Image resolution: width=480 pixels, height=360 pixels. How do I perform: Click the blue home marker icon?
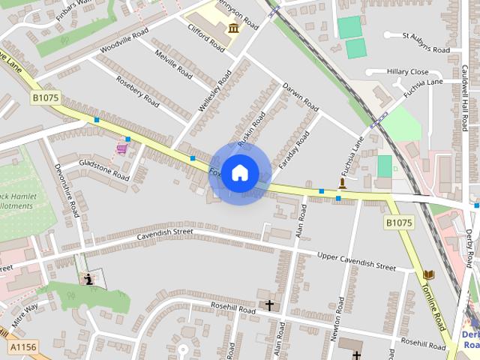(239, 173)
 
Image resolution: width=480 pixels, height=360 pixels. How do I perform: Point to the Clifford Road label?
(205, 34)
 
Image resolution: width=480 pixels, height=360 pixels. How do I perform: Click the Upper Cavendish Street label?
(356, 261)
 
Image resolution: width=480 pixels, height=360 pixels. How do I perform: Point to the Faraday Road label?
(293, 149)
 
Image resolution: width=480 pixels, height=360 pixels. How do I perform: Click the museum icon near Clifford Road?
(233, 28)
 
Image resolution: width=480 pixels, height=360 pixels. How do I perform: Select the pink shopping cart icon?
(121, 149)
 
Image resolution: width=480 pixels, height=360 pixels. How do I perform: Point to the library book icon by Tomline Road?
(429, 275)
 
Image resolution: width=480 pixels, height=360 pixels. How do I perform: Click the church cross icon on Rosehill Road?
(269, 305)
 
